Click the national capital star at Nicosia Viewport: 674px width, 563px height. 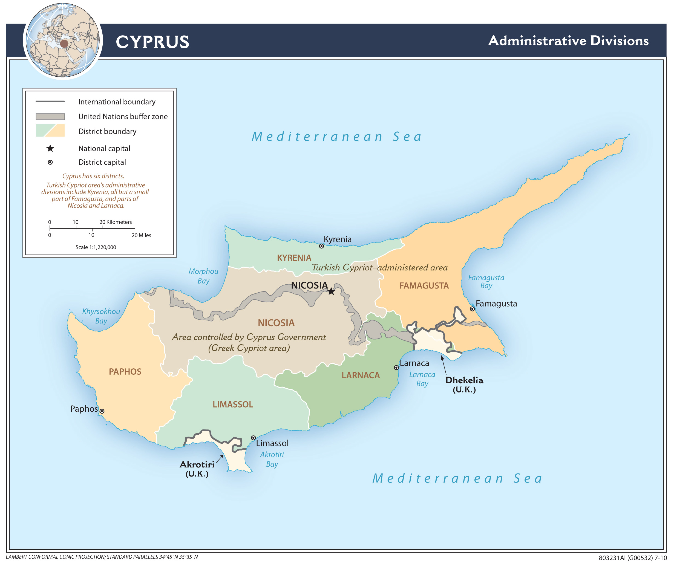pyautogui.click(x=331, y=291)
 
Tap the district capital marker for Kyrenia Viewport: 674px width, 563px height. pyautogui.click(x=321, y=246)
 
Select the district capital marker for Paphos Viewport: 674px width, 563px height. pyautogui.click(x=102, y=411)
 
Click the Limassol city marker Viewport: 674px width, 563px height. pyautogui.click(x=253, y=438)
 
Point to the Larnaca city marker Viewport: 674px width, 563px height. pyautogui.click(x=396, y=367)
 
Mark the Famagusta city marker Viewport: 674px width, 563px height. pyautogui.click(x=472, y=309)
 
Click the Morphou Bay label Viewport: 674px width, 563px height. pyautogui.click(x=203, y=276)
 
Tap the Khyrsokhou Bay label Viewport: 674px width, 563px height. pyautogui.click(x=101, y=316)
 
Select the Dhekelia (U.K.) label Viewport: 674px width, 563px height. pyautogui.click(x=464, y=384)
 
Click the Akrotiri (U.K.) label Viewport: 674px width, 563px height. pyautogui.click(x=197, y=469)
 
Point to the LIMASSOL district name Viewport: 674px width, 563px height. pyautogui.click(x=233, y=404)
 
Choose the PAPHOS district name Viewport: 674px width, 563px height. pyautogui.click(x=125, y=371)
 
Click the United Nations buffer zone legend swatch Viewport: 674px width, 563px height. pyautogui.click(x=50, y=116)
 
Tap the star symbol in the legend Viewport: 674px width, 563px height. pyautogui.click(x=50, y=148)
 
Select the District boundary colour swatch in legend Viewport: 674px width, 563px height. pyautogui.click(x=50, y=131)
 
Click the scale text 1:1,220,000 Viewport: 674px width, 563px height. pyautogui.click(x=96, y=247)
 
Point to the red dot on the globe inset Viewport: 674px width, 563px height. pyautogui.click(x=64, y=44)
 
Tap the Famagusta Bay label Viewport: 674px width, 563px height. pyautogui.click(x=486, y=281)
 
